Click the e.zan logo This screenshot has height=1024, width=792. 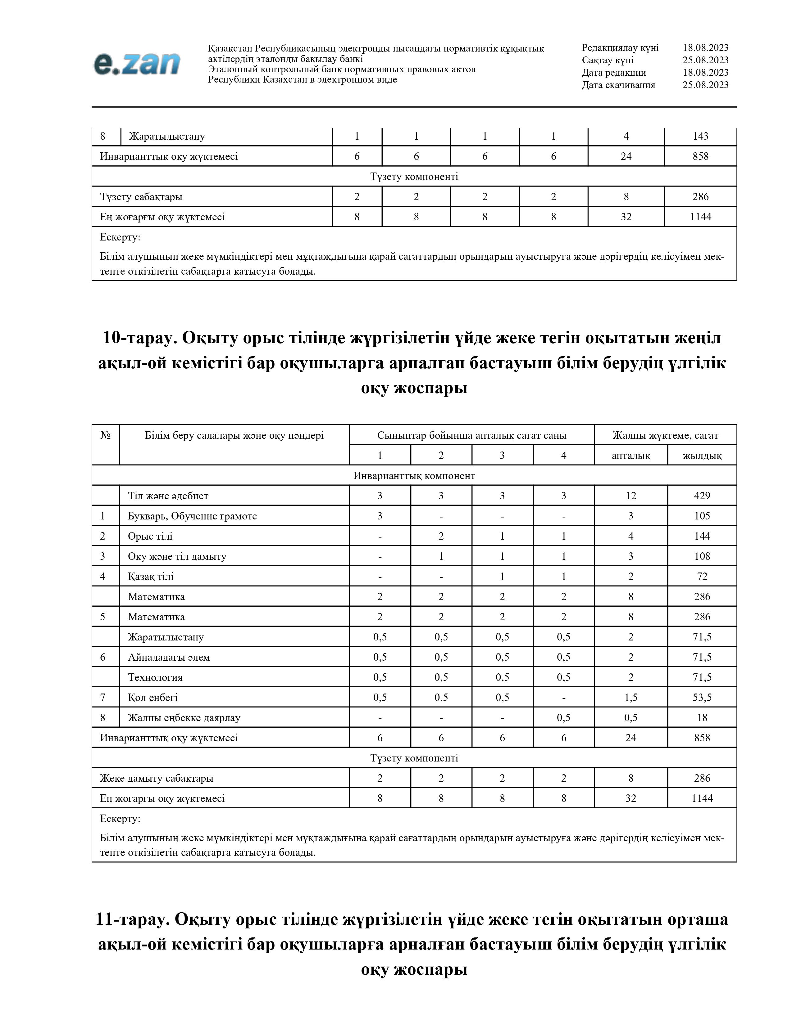137,64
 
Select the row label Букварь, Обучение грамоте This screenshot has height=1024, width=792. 192,516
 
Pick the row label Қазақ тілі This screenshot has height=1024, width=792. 151,576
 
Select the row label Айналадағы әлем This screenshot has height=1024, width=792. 169,657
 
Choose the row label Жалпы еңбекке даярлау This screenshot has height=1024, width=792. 184,717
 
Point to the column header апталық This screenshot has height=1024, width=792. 630,455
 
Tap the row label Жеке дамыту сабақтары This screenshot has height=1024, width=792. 157,778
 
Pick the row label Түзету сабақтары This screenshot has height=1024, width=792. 141,196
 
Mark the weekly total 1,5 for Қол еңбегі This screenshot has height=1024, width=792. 630,697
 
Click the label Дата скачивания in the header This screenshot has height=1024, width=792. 618,85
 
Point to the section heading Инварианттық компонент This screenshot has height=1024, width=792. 414,475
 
